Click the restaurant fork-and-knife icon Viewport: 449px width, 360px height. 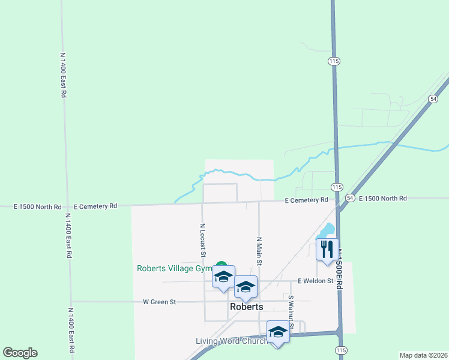pyautogui.click(x=327, y=248)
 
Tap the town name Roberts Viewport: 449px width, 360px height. pyautogui.click(x=246, y=307)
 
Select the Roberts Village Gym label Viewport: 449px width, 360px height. pyautogui.click(x=175, y=269)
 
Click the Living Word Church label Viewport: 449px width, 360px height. pyautogui.click(x=231, y=341)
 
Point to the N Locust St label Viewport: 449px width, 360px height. pyautogui.click(x=203, y=241)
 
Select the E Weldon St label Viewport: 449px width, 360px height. pyautogui.click(x=315, y=281)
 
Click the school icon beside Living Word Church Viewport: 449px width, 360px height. pyautogui.click(x=278, y=332)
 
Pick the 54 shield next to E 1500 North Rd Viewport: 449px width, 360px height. pyautogui.click(x=350, y=198)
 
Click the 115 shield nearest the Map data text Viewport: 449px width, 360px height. pyautogui.click(x=342, y=350)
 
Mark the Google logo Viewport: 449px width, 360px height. pyautogui.click(x=20, y=353)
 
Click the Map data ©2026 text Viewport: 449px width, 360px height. pyautogui.click(x=423, y=355)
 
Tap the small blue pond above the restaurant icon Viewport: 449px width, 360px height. pyautogui.click(x=328, y=230)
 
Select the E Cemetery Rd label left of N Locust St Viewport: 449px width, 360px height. pyautogui.click(x=95, y=206)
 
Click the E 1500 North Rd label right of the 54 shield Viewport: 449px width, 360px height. pyautogui.click(x=382, y=199)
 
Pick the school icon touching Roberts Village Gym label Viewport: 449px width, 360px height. pyautogui.click(x=223, y=277)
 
